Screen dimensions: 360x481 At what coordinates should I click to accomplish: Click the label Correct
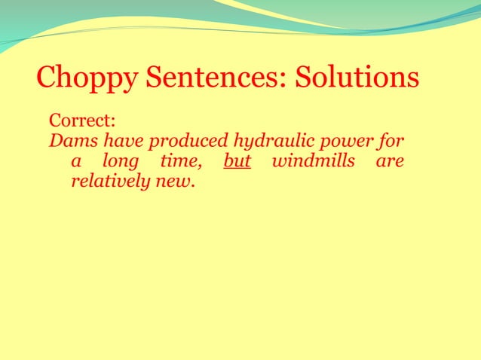(x=81, y=121)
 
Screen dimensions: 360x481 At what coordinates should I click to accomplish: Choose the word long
(x=121, y=163)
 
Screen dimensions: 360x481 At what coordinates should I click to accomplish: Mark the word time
(x=179, y=161)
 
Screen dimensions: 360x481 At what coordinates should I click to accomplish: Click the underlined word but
(x=237, y=161)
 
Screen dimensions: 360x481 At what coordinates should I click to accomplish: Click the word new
(x=173, y=182)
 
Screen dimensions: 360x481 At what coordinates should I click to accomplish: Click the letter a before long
(x=75, y=163)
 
